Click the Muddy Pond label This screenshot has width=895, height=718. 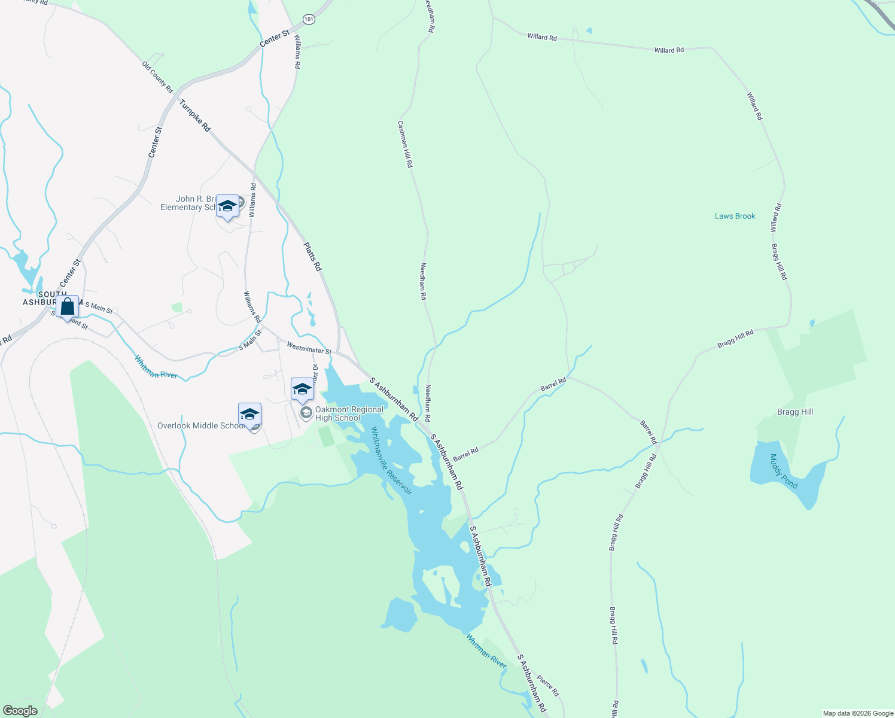(x=784, y=471)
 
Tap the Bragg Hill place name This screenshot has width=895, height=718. (x=794, y=412)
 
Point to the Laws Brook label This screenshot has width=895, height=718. (x=735, y=216)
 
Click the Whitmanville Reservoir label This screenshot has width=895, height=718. (x=391, y=460)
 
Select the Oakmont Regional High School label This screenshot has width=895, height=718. (x=349, y=413)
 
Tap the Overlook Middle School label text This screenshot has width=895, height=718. (x=200, y=425)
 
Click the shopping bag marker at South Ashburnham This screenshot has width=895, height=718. (x=68, y=306)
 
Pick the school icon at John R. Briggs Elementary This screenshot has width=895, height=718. (x=227, y=206)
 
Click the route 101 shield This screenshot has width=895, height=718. (x=308, y=20)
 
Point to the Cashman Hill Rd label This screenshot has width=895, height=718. (x=405, y=144)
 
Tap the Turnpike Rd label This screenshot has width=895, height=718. (x=195, y=115)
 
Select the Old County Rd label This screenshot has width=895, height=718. (x=157, y=77)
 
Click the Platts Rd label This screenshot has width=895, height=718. (x=312, y=256)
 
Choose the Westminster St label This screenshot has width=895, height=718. (x=309, y=348)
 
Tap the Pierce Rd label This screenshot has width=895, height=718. (x=547, y=685)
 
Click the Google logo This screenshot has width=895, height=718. (x=20, y=711)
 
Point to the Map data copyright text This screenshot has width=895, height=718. (x=857, y=713)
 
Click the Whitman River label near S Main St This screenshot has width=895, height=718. (x=156, y=367)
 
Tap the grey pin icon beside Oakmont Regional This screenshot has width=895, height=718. (x=306, y=413)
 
